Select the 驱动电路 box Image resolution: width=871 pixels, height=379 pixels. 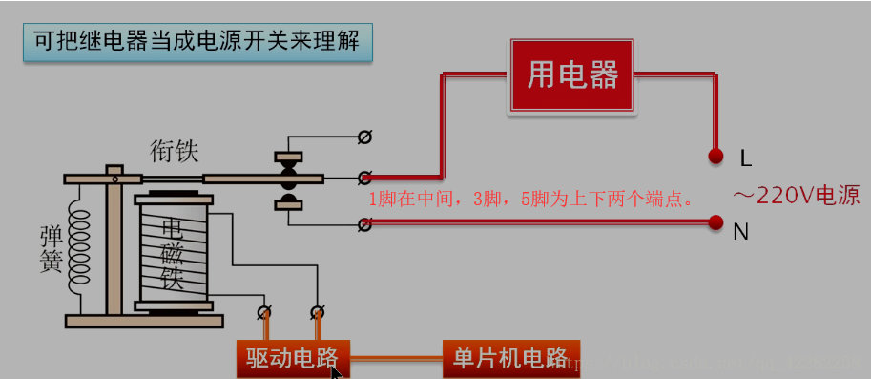pos(293,359)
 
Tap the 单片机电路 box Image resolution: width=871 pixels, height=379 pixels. pos(510,359)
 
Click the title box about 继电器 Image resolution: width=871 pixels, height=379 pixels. pos(197,43)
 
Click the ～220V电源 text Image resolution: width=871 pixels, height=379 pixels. pos(796,197)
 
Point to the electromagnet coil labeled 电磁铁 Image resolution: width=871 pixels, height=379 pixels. pos(173,254)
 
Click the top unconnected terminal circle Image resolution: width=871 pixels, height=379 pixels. pos(363,137)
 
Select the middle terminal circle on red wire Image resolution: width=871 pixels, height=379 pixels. pos(363,178)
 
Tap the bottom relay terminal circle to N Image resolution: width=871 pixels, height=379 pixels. pos(363,224)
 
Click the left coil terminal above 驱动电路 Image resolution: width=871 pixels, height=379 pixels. pos(263,311)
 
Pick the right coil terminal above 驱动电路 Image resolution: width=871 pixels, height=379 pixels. pos(316,311)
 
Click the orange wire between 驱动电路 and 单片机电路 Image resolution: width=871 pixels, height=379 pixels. pos(397,360)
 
